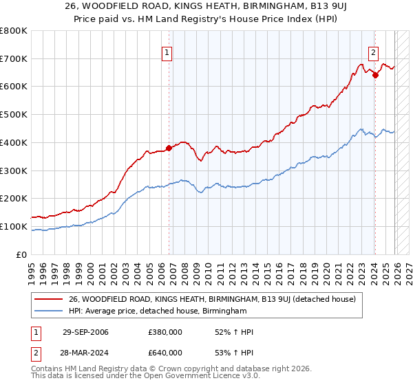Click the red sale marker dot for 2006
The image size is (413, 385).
click(169, 148)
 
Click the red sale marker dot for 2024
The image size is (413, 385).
click(375, 76)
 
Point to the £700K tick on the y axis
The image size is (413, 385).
click(14, 59)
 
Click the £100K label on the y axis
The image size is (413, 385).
click(14, 226)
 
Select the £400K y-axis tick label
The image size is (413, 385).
click(14, 142)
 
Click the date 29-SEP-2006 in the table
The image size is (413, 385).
click(85, 332)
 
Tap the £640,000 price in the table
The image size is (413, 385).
click(165, 352)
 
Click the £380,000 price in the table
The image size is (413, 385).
click(165, 332)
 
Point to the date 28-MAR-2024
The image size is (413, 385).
click(85, 352)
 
